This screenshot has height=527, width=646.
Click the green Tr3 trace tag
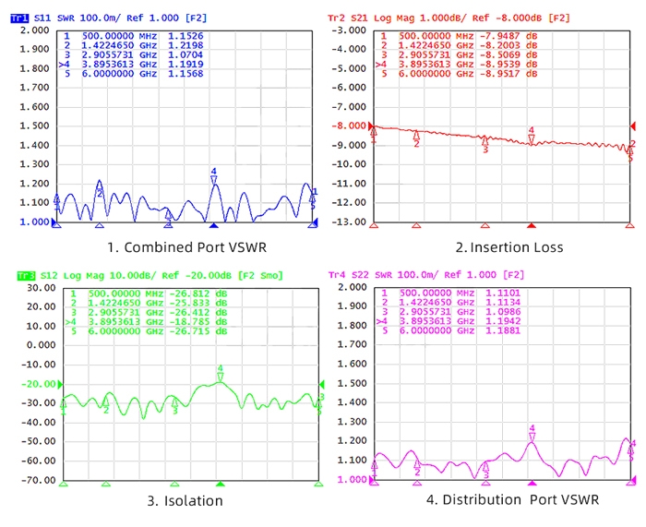26,275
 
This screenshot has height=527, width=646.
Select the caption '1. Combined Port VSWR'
175,247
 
